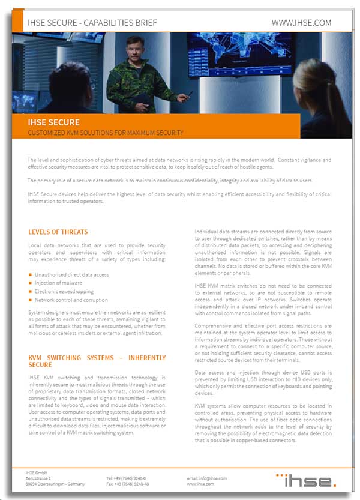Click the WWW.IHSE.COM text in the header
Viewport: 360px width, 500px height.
point(301,23)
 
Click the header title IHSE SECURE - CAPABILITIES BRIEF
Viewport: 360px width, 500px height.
point(92,23)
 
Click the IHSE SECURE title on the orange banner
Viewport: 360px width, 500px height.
point(53,122)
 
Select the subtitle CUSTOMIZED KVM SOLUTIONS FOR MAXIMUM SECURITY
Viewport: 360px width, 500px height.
point(106,133)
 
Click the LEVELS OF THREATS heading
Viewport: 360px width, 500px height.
point(58,232)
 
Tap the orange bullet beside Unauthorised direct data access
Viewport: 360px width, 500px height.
point(30,274)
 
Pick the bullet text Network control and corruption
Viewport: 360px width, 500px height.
point(71,300)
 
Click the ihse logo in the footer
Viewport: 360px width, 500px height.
point(306,480)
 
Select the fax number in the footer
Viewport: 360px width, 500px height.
point(127,483)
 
